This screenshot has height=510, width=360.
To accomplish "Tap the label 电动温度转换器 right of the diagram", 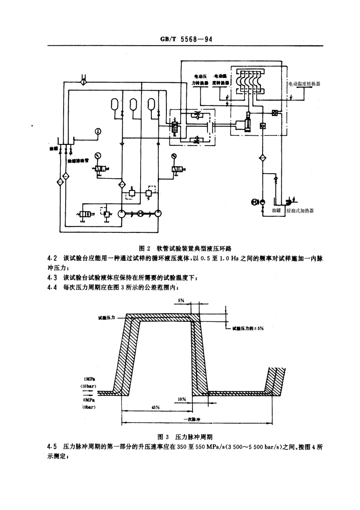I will point(304,84).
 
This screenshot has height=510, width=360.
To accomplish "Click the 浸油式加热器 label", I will point(300,211).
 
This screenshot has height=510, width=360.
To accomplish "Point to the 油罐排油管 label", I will point(78,160).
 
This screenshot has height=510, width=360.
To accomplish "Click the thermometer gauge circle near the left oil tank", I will point(98,131).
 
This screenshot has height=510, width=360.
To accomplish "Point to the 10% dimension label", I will point(182,399).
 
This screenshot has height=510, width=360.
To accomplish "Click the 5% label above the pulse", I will point(181,300).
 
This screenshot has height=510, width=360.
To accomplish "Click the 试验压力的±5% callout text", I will point(248,328).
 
